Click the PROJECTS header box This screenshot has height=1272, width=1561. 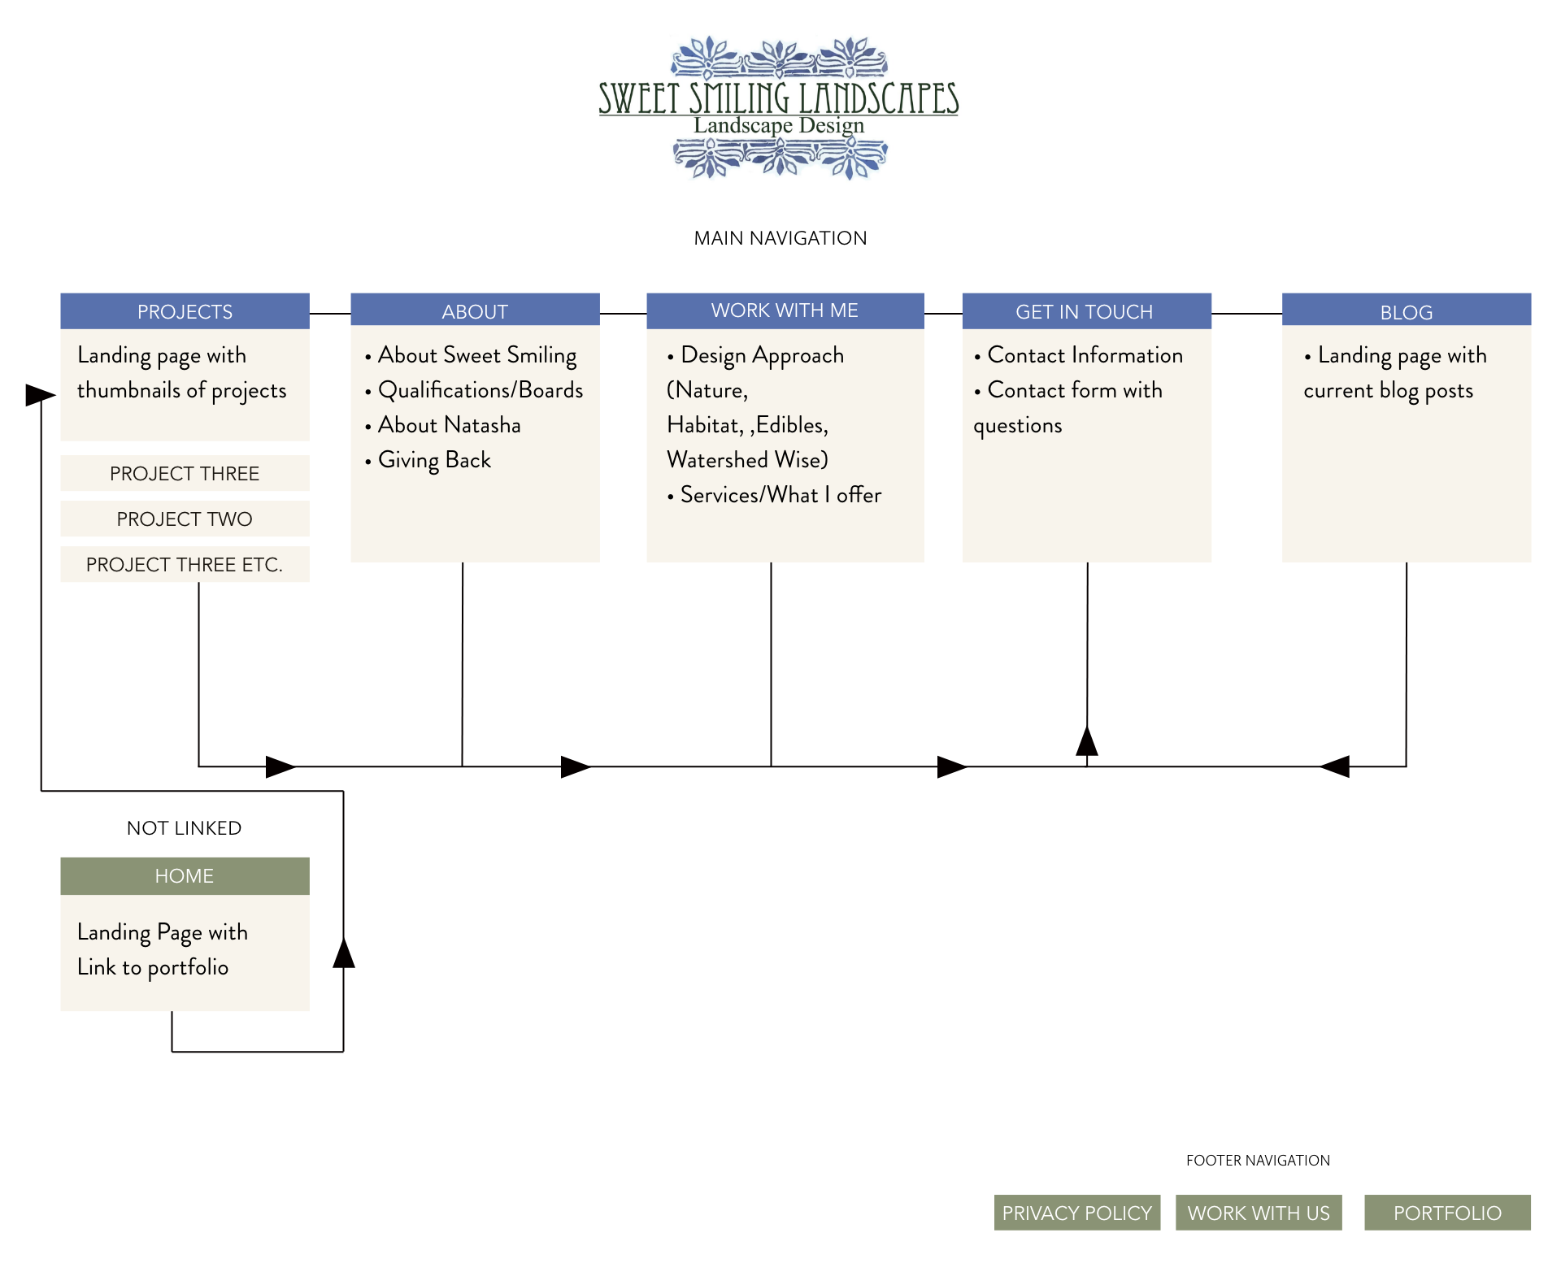click(x=185, y=311)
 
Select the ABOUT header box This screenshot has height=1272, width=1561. click(x=475, y=311)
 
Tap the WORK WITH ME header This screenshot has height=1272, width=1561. click(x=785, y=310)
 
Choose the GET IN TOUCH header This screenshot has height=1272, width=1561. click(x=1085, y=311)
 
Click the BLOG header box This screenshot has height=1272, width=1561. click(x=1406, y=311)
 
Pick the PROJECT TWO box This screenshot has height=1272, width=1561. click(x=185, y=519)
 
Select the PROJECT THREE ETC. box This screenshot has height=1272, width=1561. click(x=185, y=564)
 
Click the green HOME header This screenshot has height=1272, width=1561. click(x=185, y=876)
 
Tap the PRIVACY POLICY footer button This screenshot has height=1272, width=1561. click(x=1076, y=1213)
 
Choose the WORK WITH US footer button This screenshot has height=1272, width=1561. click(x=1258, y=1213)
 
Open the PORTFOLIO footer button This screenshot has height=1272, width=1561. click(x=1447, y=1213)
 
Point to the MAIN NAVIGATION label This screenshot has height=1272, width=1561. click(x=780, y=238)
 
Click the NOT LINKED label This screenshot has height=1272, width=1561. click(x=185, y=828)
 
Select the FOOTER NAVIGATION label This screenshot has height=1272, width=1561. click(x=1258, y=1161)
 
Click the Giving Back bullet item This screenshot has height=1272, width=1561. click(x=434, y=460)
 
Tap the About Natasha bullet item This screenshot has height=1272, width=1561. click(x=449, y=425)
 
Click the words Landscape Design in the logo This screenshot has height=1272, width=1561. click(x=779, y=126)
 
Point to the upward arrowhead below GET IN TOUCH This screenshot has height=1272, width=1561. click(x=1087, y=740)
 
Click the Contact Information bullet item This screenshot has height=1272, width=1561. click(x=1085, y=355)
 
